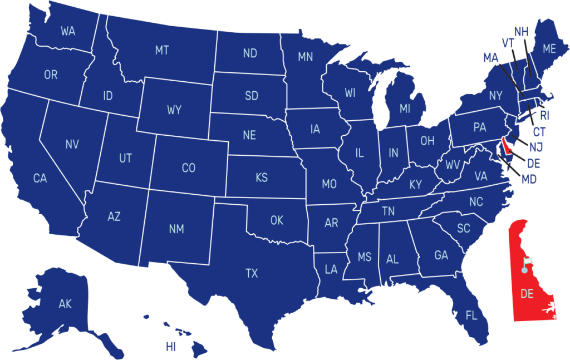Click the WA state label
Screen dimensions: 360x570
coord(68,31)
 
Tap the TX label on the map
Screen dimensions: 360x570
coord(252,273)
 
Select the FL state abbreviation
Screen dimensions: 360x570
coord(471,316)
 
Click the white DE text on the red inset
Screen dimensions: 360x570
coord(527,294)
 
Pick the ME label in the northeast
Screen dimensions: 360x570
coord(549,49)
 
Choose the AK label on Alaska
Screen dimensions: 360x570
coord(65,304)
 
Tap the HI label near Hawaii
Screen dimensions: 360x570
coord(170,347)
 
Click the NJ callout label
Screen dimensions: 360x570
coord(536,147)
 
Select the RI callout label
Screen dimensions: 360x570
coord(544,116)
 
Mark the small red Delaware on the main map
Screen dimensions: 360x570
coord(505,146)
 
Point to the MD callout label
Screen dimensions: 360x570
coord(529,180)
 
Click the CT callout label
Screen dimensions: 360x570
coord(539,132)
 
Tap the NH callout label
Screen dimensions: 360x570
coord(521,32)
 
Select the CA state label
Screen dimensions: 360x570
coord(40,179)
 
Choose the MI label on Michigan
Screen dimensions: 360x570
coord(405,109)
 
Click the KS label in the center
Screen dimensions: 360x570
coord(262,178)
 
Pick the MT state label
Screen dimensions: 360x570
coord(162,51)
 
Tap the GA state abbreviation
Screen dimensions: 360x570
coord(441,255)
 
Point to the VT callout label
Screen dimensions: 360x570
coord(508,43)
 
